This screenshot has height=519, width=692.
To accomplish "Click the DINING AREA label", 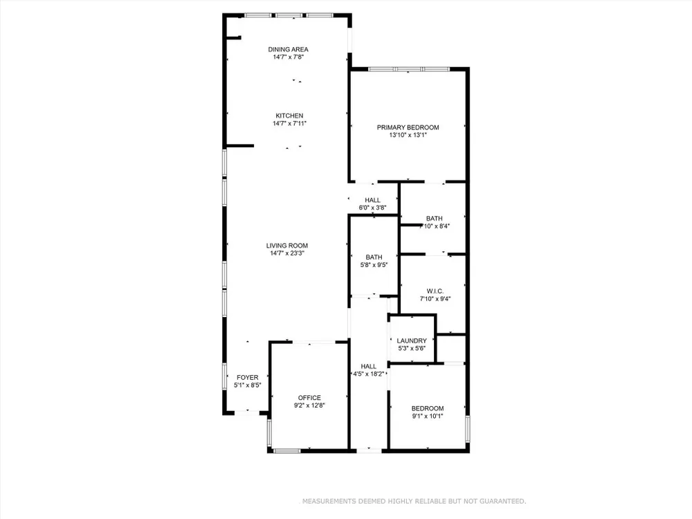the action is (288, 49).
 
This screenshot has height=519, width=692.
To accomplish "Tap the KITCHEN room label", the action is (289, 116).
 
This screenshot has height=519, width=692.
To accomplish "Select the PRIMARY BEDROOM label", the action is (408, 127).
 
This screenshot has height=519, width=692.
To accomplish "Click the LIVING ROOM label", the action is (287, 246).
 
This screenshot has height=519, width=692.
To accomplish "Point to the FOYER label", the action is (248, 377).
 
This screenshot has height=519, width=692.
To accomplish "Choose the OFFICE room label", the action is (309, 398).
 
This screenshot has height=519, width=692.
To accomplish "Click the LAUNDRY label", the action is (412, 340).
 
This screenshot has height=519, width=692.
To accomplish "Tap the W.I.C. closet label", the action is (435, 291).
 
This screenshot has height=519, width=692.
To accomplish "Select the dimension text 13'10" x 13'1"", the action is (408, 135).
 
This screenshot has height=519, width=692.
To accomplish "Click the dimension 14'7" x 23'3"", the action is (287, 253).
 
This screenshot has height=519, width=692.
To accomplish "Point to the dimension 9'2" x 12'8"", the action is (309, 405).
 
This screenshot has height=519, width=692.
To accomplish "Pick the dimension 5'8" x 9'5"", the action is (374, 265).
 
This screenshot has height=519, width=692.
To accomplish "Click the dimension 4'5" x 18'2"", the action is (370, 374).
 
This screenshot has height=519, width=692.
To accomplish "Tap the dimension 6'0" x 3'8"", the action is (372, 208).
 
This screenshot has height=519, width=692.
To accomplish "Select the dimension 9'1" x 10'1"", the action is (427, 416).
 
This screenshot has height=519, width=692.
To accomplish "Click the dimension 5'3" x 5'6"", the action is (412, 348).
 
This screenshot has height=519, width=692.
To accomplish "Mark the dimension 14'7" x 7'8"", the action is (288, 57).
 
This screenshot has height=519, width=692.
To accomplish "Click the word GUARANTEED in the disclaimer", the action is (502, 501).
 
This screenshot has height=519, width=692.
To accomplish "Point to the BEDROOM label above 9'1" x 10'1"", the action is (428, 408).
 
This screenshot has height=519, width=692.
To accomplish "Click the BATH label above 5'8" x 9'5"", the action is (374, 257).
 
